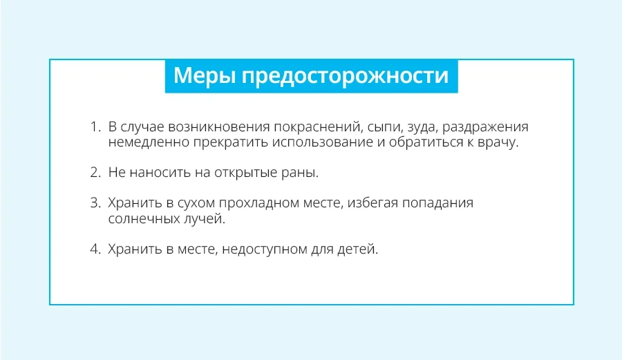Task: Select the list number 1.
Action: [x=95, y=127]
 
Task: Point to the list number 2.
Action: [x=95, y=173]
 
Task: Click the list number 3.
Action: [x=95, y=203]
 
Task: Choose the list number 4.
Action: [x=95, y=249]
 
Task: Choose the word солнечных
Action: [x=144, y=219]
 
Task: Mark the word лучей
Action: [x=205, y=219]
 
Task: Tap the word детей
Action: [x=357, y=249]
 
